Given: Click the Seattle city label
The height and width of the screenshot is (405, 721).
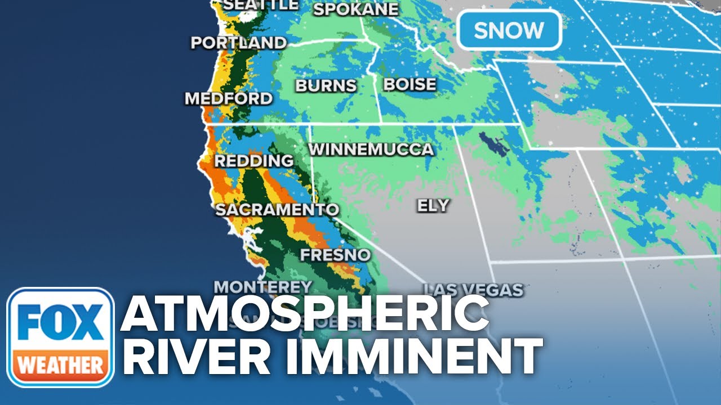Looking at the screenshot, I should pos(261,4).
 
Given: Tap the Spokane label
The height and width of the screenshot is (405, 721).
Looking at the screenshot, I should pos(355,9).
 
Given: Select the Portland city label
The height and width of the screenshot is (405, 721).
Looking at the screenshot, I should pos(238,43).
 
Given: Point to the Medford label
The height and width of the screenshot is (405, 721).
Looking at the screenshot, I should pos(228,99).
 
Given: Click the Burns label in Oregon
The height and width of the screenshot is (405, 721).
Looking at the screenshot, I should pos(326,85).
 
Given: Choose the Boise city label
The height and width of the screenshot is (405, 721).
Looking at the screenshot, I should pos(410,84).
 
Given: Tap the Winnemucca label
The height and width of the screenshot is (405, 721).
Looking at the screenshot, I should pos(371,150).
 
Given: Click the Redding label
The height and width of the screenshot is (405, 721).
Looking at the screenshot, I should pos(254,161).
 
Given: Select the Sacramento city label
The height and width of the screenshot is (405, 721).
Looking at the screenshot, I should pos(277,210).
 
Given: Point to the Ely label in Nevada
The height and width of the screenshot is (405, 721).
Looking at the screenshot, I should pos(433,205).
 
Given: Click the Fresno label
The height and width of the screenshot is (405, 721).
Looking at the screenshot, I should pos(335,255).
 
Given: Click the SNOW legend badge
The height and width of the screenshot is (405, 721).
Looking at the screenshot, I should pos(509,30).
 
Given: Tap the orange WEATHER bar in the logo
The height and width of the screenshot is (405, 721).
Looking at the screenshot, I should pos(60,366).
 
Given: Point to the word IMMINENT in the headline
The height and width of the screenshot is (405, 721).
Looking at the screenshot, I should pos(406,358).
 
